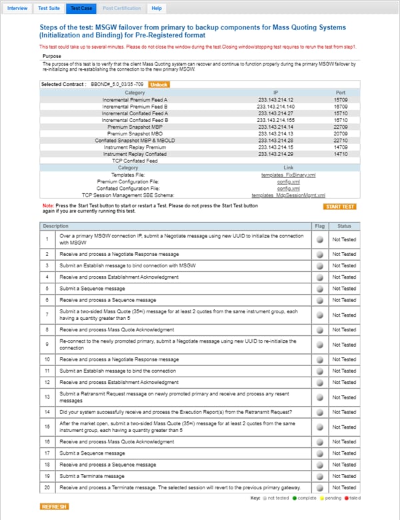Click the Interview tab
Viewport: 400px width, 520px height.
[x=17, y=8]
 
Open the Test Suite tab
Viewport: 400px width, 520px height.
[x=49, y=8]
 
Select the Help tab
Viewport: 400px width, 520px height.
[x=156, y=8]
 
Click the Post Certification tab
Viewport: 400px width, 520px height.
[x=122, y=8]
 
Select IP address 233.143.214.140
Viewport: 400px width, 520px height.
[x=276, y=106]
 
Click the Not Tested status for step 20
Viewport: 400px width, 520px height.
[x=344, y=488]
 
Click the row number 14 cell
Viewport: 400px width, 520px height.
[x=47, y=412]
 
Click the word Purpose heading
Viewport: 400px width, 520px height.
[x=51, y=56]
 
